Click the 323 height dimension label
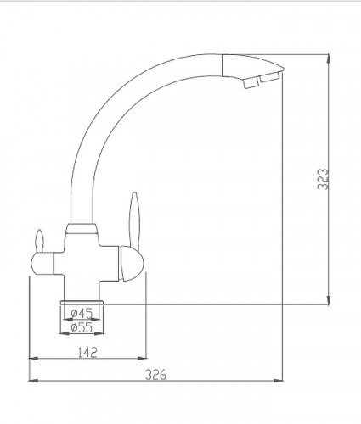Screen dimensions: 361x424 pyautogui.click(x=323, y=179)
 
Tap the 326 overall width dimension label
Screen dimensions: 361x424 pyautogui.click(x=155, y=375)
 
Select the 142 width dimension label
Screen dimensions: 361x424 pyautogui.click(x=87, y=352)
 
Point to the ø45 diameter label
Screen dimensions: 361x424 pyautogui.click(x=82, y=313)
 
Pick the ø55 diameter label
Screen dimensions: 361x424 pyautogui.click(x=82, y=327)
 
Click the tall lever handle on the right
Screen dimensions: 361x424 pyautogui.click(x=134, y=220)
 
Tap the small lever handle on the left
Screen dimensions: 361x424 pyautogui.click(x=40, y=241)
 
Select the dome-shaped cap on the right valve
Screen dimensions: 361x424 pyautogui.click(x=132, y=264)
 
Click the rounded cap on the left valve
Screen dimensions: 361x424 pyautogui.click(x=42, y=264)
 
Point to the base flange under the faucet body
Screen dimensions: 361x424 pyautogui.click(x=82, y=303)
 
